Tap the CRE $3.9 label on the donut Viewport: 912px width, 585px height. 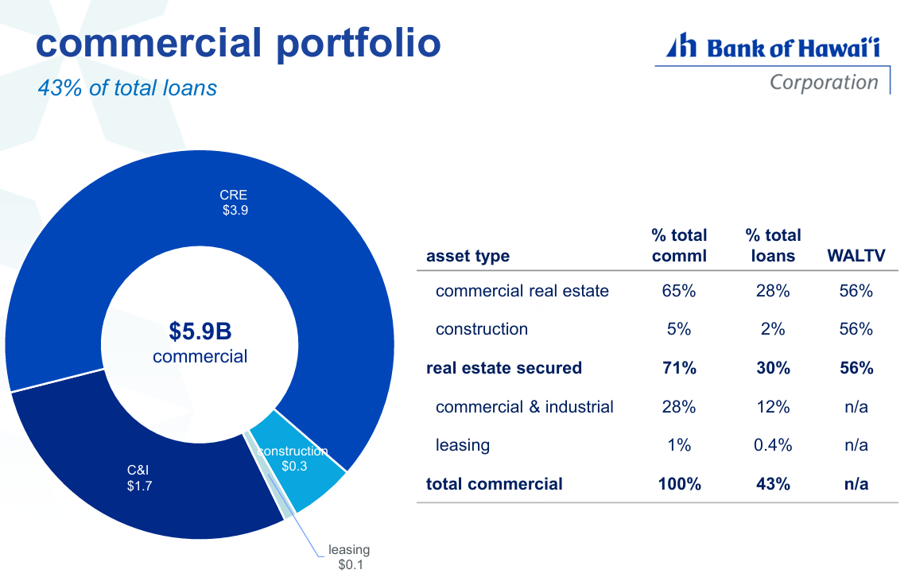click(x=234, y=203)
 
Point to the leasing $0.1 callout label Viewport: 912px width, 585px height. click(x=349, y=557)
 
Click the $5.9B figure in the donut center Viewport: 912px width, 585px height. click(x=200, y=331)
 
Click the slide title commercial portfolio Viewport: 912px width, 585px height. click(x=238, y=43)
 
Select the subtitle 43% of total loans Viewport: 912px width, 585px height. click(x=127, y=87)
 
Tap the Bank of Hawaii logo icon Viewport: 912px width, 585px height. click(x=681, y=47)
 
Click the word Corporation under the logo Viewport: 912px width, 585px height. click(x=823, y=82)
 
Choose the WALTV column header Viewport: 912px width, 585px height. click(x=856, y=256)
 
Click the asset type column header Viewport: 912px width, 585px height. click(x=468, y=256)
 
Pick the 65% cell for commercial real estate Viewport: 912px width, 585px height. click(x=679, y=291)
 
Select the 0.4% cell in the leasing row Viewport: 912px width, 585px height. click(x=773, y=445)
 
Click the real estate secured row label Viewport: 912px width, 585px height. click(x=503, y=368)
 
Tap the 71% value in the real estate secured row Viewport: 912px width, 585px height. click(x=679, y=368)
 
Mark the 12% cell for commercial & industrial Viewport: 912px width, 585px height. click(x=773, y=407)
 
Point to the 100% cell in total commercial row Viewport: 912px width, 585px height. click(x=679, y=484)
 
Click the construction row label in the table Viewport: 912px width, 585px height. click(x=481, y=329)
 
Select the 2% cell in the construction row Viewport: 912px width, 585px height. click(x=773, y=329)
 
